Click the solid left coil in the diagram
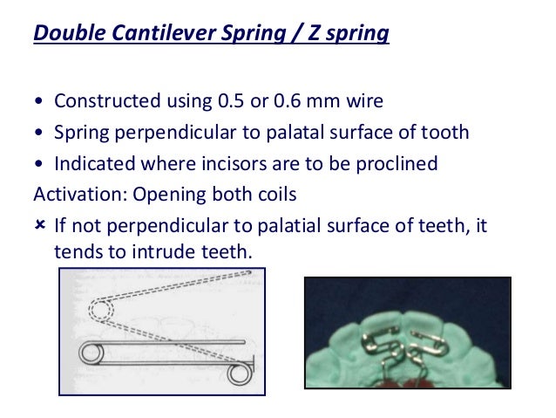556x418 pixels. tap(90, 353)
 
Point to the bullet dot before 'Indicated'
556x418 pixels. tap(40, 163)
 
